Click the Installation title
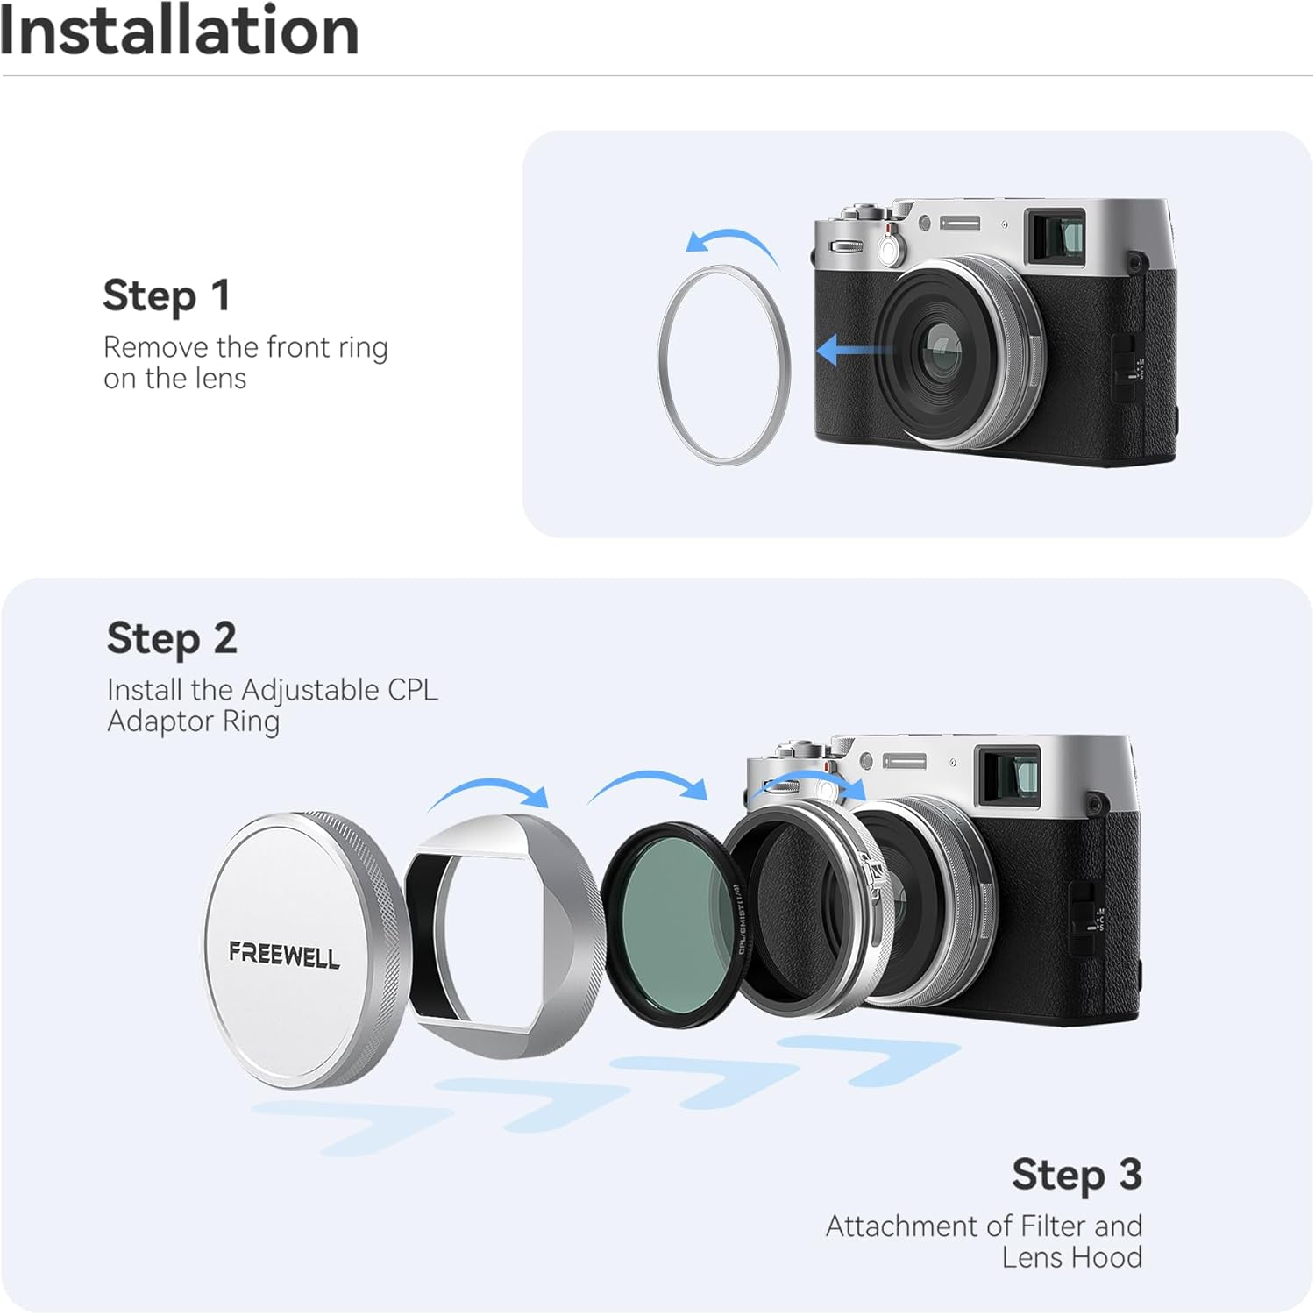(x=180, y=32)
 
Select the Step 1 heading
(x=167, y=295)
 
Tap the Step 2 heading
(x=172, y=638)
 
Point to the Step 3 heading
(x=1077, y=1175)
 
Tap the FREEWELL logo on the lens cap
(x=283, y=954)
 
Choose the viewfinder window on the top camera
(x=1056, y=235)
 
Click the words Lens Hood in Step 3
(x=1071, y=1257)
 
